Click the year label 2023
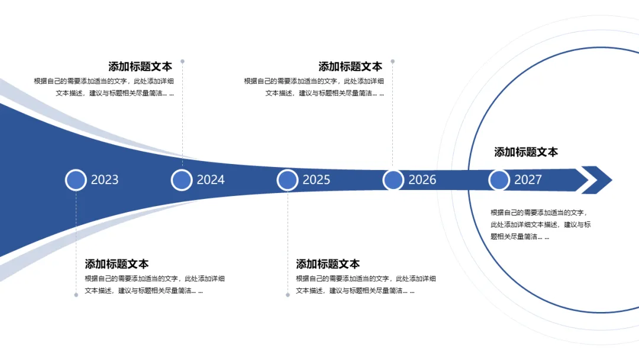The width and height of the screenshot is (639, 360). pyautogui.click(x=105, y=180)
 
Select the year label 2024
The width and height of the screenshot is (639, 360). pyautogui.click(x=211, y=180)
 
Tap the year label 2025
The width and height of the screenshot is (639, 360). pyautogui.click(x=317, y=180)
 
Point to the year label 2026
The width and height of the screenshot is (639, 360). pyautogui.click(x=422, y=180)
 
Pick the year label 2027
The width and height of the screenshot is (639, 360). pyautogui.click(x=528, y=180)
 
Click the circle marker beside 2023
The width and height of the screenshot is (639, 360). pyautogui.click(x=76, y=180)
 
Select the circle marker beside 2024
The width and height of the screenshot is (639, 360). pyautogui.click(x=182, y=180)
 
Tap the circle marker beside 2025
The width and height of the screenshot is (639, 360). pyautogui.click(x=288, y=180)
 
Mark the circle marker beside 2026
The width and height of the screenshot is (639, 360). pyautogui.click(x=393, y=180)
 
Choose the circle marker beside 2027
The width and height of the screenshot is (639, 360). pyautogui.click(x=499, y=180)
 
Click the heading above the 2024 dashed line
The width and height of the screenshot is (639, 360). pyautogui.click(x=140, y=67)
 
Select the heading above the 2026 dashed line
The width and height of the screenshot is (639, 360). pyautogui.click(x=350, y=67)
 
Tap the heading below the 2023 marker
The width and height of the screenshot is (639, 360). pyautogui.click(x=117, y=264)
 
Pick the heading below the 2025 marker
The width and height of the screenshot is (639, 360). pyautogui.click(x=328, y=264)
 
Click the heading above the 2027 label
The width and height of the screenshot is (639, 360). pyautogui.click(x=526, y=152)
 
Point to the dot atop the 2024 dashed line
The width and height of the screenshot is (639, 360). pyautogui.click(x=182, y=61)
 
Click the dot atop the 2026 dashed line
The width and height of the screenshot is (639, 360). pyautogui.click(x=392, y=61)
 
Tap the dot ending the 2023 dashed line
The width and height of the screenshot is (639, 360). pyautogui.click(x=76, y=294)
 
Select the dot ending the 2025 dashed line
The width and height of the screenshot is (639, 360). pyautogui.click(x=288, y=294)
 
